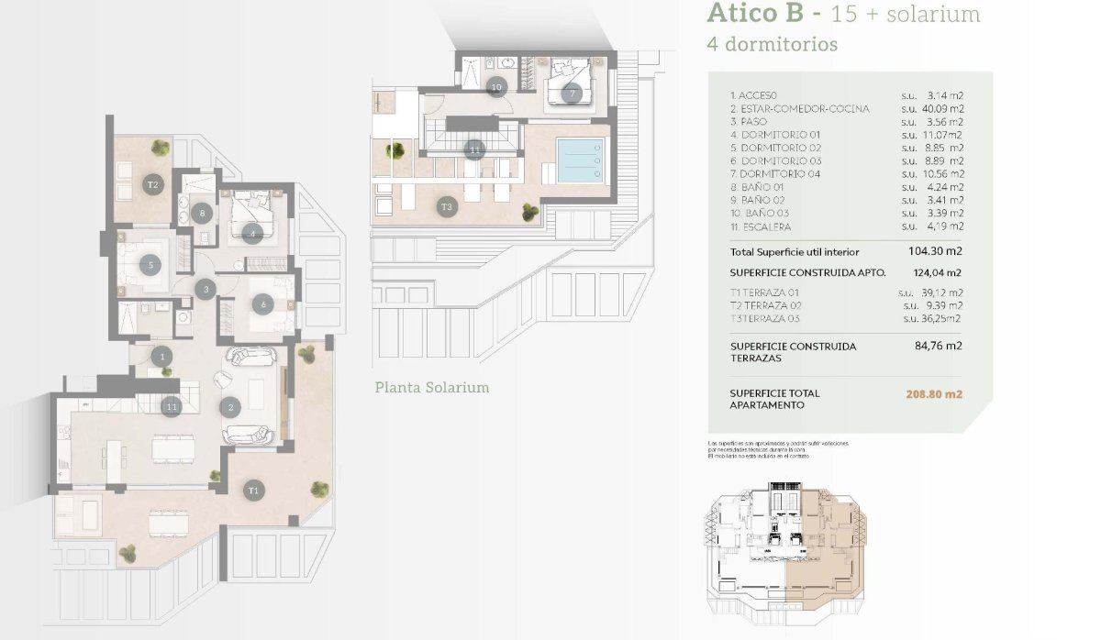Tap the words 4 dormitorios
click(772, 44)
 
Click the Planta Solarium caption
click(431, 387)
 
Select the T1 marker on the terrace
click(254, 491)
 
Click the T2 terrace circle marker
click(153, 184)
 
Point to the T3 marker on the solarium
click(447, 206)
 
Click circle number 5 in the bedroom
click(152, 266)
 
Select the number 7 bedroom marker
click(572, 93)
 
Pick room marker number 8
click(203, 214)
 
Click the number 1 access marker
click(161, 356)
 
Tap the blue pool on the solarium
click(581, 161)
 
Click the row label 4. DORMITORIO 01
click(771, 134)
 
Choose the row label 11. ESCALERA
click(761, 226)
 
